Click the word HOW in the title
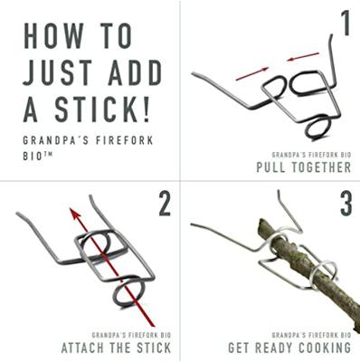tap(53, 35)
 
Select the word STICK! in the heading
tap(102, 110)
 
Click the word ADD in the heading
tap(136, 72)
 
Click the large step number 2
tap(165, 204)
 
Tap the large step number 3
tap(346, 204)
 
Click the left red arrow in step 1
tap(252, 74)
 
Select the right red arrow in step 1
tap(302, 57)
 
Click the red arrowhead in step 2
tap(74, 214)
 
